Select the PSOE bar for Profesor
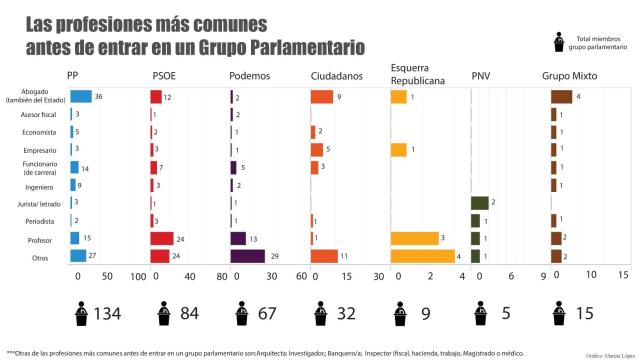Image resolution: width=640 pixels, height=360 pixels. (x=162, y=238)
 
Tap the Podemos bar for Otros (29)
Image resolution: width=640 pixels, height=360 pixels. (x=247, y=255)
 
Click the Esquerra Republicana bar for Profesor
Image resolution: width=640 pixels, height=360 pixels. (x=414, y=238)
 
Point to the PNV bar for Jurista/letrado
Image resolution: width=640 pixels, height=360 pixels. (x=480, y=203)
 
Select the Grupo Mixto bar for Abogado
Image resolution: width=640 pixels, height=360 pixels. (x=561, y=97)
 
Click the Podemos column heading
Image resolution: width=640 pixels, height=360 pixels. (x=250, y=76)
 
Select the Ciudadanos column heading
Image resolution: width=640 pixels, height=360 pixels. (x=337, y=76)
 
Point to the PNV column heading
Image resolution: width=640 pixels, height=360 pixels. (x=481, y=76)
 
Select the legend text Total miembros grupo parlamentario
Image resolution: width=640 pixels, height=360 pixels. (x=594, y=40)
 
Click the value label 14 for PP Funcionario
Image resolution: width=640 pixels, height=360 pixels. (x=86, y=167)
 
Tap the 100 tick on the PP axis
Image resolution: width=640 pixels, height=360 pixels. (x=138, y=276)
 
